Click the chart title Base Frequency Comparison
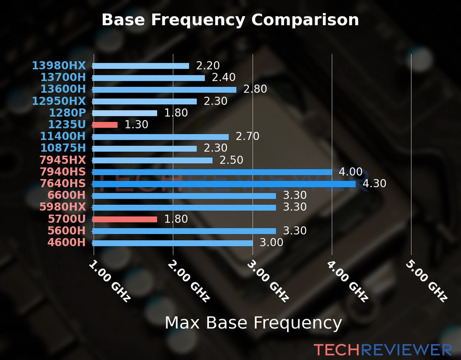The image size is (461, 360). click(230, 20)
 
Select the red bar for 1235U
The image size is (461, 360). click(105, 125)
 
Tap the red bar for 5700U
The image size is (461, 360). click(125, 219)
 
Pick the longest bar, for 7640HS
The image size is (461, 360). click(224, 184)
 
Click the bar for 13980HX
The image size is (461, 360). click(140, 66)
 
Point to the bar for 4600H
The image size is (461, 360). click(172, 243)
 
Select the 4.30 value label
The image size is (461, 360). click(374, 183)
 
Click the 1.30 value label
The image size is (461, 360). click(136, 124)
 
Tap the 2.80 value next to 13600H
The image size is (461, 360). click(255, 89)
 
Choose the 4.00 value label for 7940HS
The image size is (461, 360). click(351, 172)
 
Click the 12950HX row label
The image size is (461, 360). click(59, 101)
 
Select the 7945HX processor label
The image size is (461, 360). click(63, 160)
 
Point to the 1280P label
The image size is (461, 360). click(67, 113)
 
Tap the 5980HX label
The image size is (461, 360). click(63, 207)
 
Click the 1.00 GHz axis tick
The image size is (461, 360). click(110, 281)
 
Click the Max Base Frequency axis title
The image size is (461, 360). click(253, 323)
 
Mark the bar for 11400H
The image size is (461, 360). click(160, 137)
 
